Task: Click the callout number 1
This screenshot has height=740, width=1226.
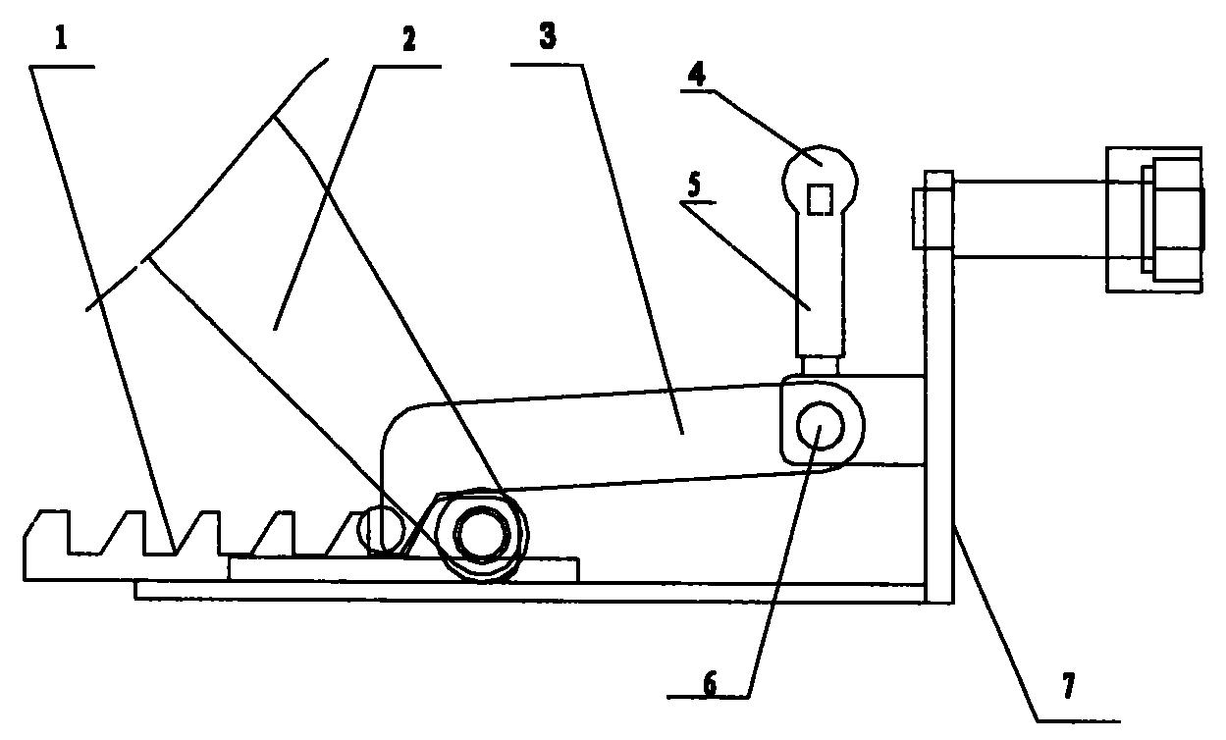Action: pyautogui.click(x=61, y=39)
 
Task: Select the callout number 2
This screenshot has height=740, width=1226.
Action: pyautogui.click(x=408, y=39)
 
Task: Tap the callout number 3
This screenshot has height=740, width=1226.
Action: pyautogui.click(x=548, y=35)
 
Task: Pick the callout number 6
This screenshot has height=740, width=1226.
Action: pyautogui.click(x=710, y=684)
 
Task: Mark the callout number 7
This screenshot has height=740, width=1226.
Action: pyautogui.click(x=1068, y=686)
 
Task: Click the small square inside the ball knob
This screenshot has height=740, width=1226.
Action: pyautogui.click(x=820, y=199)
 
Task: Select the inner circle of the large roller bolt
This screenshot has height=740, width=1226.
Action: pyautogui.click(x=482, y=534)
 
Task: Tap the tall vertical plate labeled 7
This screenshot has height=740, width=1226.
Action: pyautogui.click(x=939, y=388)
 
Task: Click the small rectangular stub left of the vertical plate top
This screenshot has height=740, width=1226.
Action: pyautogui.click(x=919, y=219)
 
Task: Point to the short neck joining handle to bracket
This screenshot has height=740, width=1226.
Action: pyautogui.click(x=820, y=366)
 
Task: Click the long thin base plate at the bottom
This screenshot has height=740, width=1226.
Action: pyautogui.click(x=530, y=591)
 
